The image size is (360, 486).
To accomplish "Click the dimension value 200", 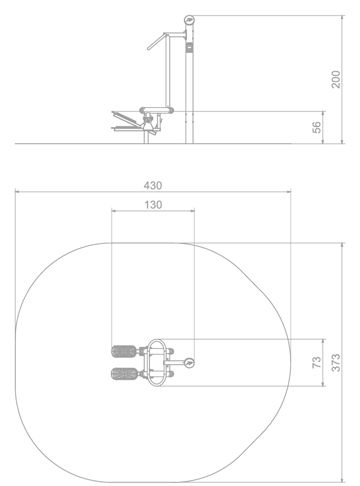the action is pos(336,80).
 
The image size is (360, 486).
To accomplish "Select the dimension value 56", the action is pos(316,127).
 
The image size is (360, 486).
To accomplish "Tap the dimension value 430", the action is pos(153,185).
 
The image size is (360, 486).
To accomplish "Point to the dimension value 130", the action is pos(153,205).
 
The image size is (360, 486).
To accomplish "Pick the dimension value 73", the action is pos(316,363).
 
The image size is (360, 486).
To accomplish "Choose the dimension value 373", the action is pos(336,363).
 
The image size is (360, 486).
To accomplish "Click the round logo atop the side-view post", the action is pos(189,20).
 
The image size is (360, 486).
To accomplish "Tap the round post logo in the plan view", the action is pos(189,363).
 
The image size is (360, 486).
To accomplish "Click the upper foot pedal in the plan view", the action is pos(123,351).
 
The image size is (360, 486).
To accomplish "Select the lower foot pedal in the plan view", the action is pos(123,373).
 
